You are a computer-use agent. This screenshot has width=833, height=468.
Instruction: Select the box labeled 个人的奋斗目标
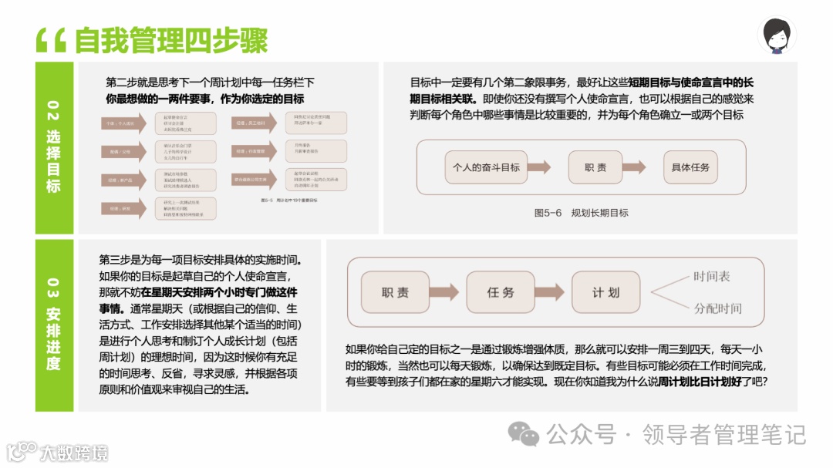pyautogui.click(x=486, y=167)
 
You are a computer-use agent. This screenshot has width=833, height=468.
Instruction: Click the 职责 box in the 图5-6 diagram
pyautogui.click(x=595, y=167)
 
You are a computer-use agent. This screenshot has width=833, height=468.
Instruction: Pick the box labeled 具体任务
pyautogui.click(x=690, y=167)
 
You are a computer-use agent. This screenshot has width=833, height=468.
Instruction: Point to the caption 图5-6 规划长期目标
pyautogui.click(x=581, y=213)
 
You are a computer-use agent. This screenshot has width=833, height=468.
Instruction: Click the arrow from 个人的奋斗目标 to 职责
pyautogui.click(x=538, y=167)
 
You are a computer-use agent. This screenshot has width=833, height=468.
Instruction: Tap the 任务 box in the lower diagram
pyautogui.click(x=500, y=292)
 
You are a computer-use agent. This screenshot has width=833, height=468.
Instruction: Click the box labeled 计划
pyautogui.click(x=605, y=292)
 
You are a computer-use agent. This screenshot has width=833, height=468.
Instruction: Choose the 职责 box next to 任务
pyautogui.click(x=395, y=292)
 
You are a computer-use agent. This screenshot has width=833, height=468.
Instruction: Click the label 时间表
pyautogui.click(x=711, y=276)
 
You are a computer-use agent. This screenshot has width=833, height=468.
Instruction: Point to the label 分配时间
pyautogui.click(x=717, y=308)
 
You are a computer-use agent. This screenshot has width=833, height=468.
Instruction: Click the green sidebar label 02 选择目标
pyautogui.click(x=53, y=146)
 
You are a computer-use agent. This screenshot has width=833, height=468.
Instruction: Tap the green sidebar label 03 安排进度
pyautogui.click(x=53, y=325)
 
